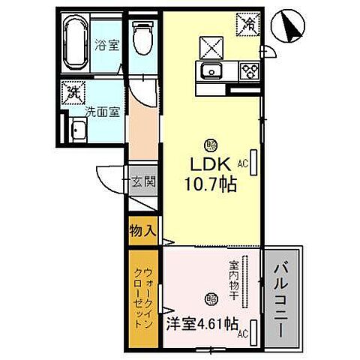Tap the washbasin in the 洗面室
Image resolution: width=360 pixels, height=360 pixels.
[78, 132]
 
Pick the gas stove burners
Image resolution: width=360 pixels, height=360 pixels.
[248, 71]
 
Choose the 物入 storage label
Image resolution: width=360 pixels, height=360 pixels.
[142, 230]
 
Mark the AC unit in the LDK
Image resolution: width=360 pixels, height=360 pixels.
[254, 162]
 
